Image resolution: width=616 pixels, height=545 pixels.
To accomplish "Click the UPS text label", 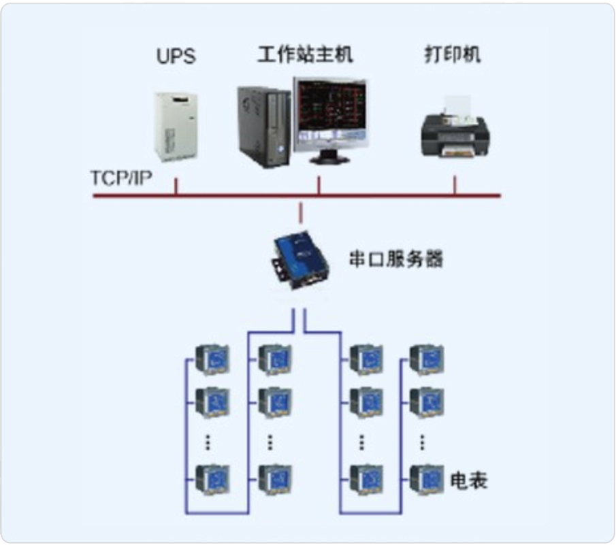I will pyautogui.click(x=176, y=56).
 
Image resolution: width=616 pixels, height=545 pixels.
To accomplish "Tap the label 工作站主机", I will pyautogui.click(x=305, y=54).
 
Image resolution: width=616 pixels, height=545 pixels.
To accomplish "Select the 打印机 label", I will pyautogui.click(x=453, y=54).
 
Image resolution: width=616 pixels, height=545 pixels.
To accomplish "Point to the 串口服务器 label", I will pyautogui.click(x=395, y=259).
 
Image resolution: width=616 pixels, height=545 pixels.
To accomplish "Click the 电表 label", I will pyautogui.click(x=469, y=481).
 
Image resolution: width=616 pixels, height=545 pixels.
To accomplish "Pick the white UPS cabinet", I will pyautogui.click(x=176, y=124).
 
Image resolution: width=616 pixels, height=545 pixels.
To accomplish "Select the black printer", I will pyautogui.click(x=454, y=134).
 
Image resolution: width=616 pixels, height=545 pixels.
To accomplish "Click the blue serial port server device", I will pyautogui.click(x=300, y=261).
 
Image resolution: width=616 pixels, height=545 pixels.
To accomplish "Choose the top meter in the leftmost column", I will pyautogui.click(x=212, y=359).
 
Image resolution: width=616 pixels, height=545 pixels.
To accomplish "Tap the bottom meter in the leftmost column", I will pyautogui.click(x=212, y=479).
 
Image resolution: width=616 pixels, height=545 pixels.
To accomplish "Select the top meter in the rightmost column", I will pyautogui.click(x=426, y=359).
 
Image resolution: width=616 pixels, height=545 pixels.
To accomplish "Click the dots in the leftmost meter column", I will pyautogui.click(x=208, y=441).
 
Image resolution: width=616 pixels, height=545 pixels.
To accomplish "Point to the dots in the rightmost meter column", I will pyautogui.click(x=423, y=441).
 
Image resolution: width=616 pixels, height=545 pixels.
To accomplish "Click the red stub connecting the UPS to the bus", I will pyautogui.click(x=176, y=186).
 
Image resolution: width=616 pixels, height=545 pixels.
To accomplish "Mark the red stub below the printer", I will pyautogui.click(x=455, y=186).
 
